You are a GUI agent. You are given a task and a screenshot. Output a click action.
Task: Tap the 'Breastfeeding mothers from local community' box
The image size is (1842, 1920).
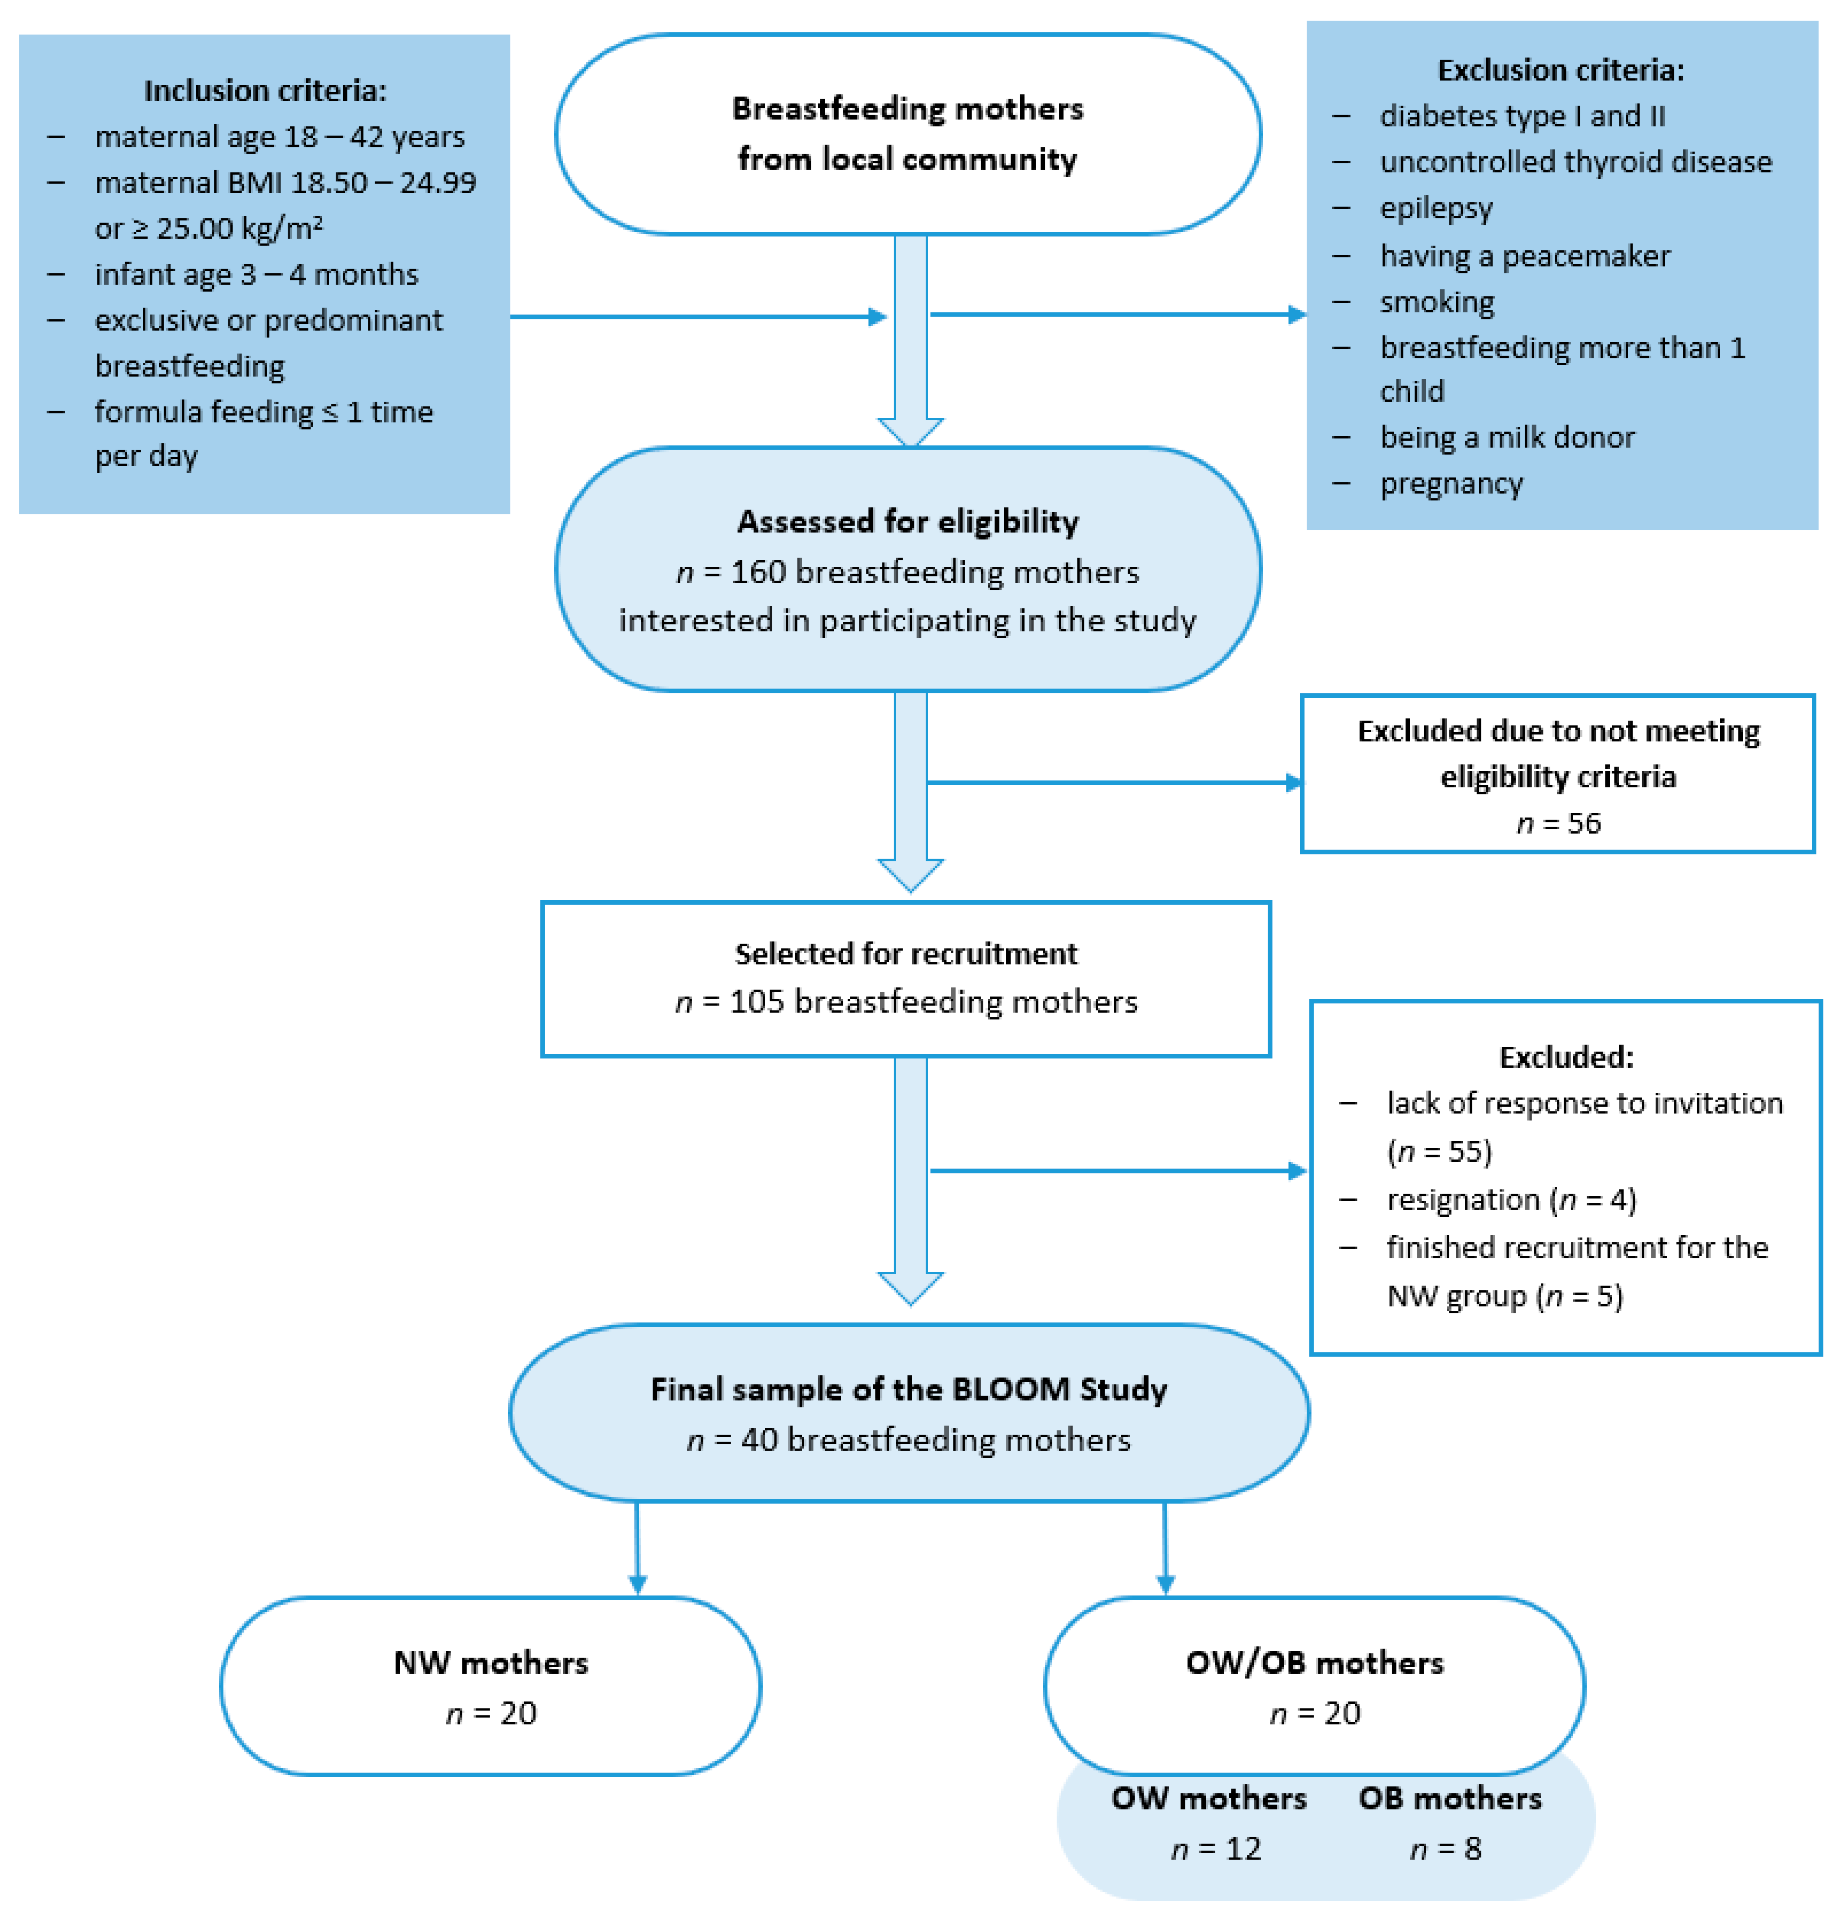click(x=907, y=134)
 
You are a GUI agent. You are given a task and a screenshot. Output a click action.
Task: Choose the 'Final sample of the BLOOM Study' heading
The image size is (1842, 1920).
click(x=908, y=1389)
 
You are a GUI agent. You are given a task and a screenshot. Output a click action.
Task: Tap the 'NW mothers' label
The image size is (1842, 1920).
click(x=491, y=1662)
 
